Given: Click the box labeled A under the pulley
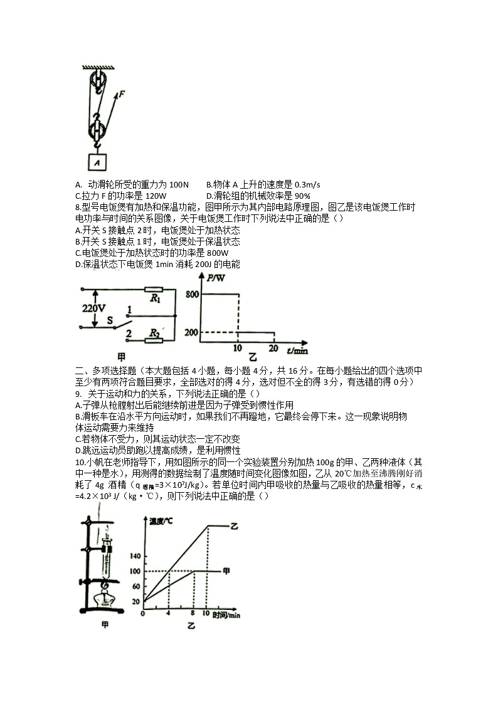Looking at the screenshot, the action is pos(97,162).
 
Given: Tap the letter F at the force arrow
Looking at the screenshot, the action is pos(121,94).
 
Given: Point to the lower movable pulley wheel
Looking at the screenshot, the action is pos(97,131).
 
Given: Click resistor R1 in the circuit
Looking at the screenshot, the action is pos(154,290).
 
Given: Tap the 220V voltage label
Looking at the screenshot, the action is pos(93,308).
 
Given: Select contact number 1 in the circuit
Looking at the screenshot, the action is pos(129,309).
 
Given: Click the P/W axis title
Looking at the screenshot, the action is pos(215,277).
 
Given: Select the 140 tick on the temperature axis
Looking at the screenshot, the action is pos(135,556).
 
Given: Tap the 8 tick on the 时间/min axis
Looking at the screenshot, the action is pos(193,614).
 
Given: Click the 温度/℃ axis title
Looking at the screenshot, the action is pos(162,521).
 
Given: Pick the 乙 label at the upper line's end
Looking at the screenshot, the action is pos(235,525).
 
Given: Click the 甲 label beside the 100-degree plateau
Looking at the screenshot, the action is pos(226,570).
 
